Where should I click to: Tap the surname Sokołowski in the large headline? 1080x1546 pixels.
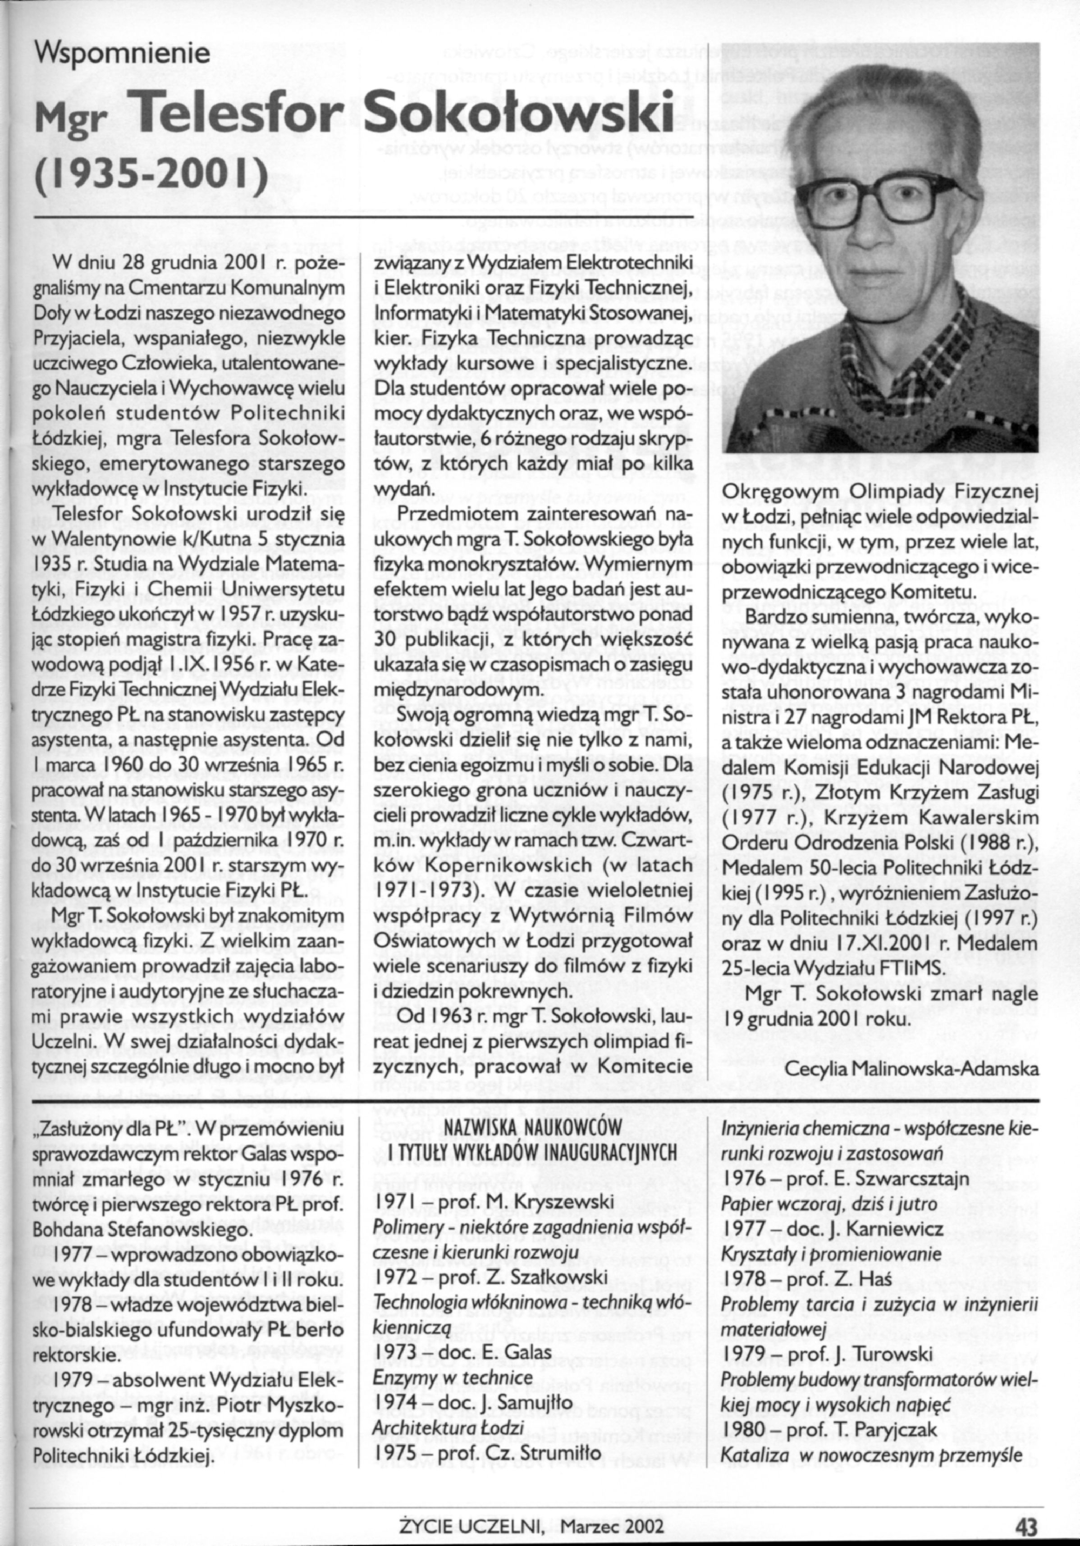click(520, 113)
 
